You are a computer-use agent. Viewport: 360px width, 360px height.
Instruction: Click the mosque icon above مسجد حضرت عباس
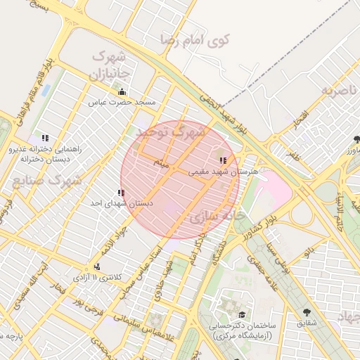[x=122, y=92]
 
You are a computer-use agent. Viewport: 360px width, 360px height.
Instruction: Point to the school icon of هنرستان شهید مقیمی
[x=223, y=161]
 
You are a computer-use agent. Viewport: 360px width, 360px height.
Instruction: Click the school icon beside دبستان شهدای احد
[x=121, y=193]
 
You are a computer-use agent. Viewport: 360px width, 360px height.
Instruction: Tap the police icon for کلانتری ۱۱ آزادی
[x=96, y=266]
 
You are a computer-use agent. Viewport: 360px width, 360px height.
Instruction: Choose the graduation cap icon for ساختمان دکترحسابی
[x=243, y=315]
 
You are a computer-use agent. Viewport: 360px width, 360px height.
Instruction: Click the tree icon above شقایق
[x=306, y=312]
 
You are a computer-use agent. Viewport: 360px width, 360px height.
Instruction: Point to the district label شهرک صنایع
[x=46, y=180]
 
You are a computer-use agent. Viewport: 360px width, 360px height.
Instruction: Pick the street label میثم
[x=162, y=163]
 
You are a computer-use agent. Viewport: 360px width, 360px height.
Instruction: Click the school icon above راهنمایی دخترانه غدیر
[x=46, y=139]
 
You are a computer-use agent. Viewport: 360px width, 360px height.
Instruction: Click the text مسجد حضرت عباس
[x=122, y=103]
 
